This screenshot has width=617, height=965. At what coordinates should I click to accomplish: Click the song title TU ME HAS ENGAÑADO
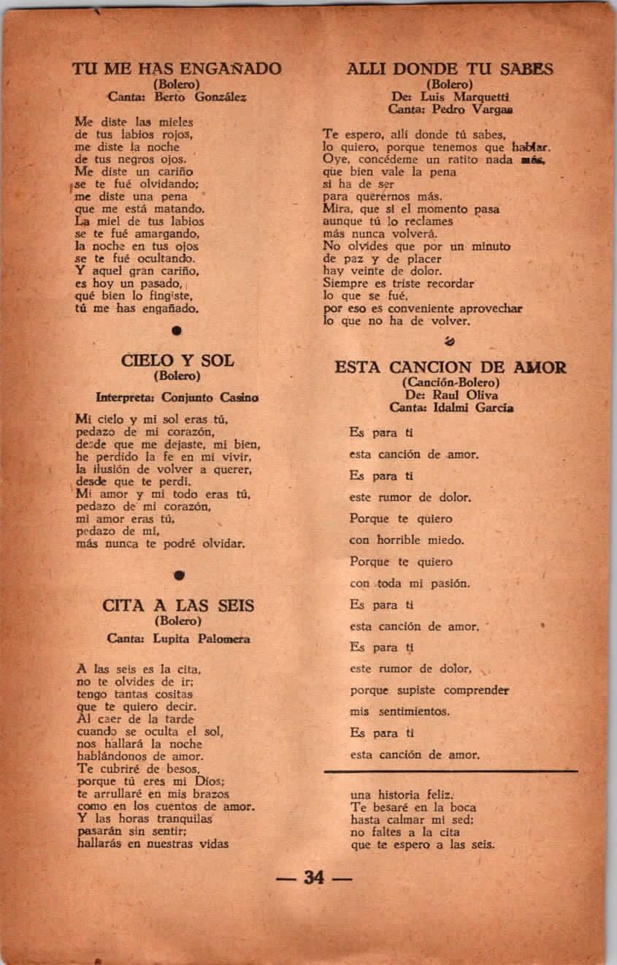pyautogui.click(x=177, y=69)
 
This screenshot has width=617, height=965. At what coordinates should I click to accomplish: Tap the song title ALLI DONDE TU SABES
pyautogui.click(x=450, y=69)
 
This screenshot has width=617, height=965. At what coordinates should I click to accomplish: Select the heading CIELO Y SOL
pyautogui.click(x=177, y=360)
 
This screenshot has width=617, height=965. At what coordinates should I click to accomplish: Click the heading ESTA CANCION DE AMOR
pyautogui.click(x=450, y=367)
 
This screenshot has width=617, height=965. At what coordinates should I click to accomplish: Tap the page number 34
pyautogui.click(x=314, y=877)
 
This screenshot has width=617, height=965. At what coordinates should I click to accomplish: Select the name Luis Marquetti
pyautogui.click(x=463, y=96)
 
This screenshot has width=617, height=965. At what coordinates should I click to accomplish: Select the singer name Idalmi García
pyautogui.click(x=472, y=408)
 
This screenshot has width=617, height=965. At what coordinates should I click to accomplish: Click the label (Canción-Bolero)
pyautogui.click(x=451, y=382)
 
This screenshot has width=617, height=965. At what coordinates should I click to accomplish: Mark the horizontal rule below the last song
pyautogui.click(x=451, y=771)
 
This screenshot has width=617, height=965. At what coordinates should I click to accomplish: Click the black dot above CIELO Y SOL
pyautogui.click(x=176, y=330)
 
